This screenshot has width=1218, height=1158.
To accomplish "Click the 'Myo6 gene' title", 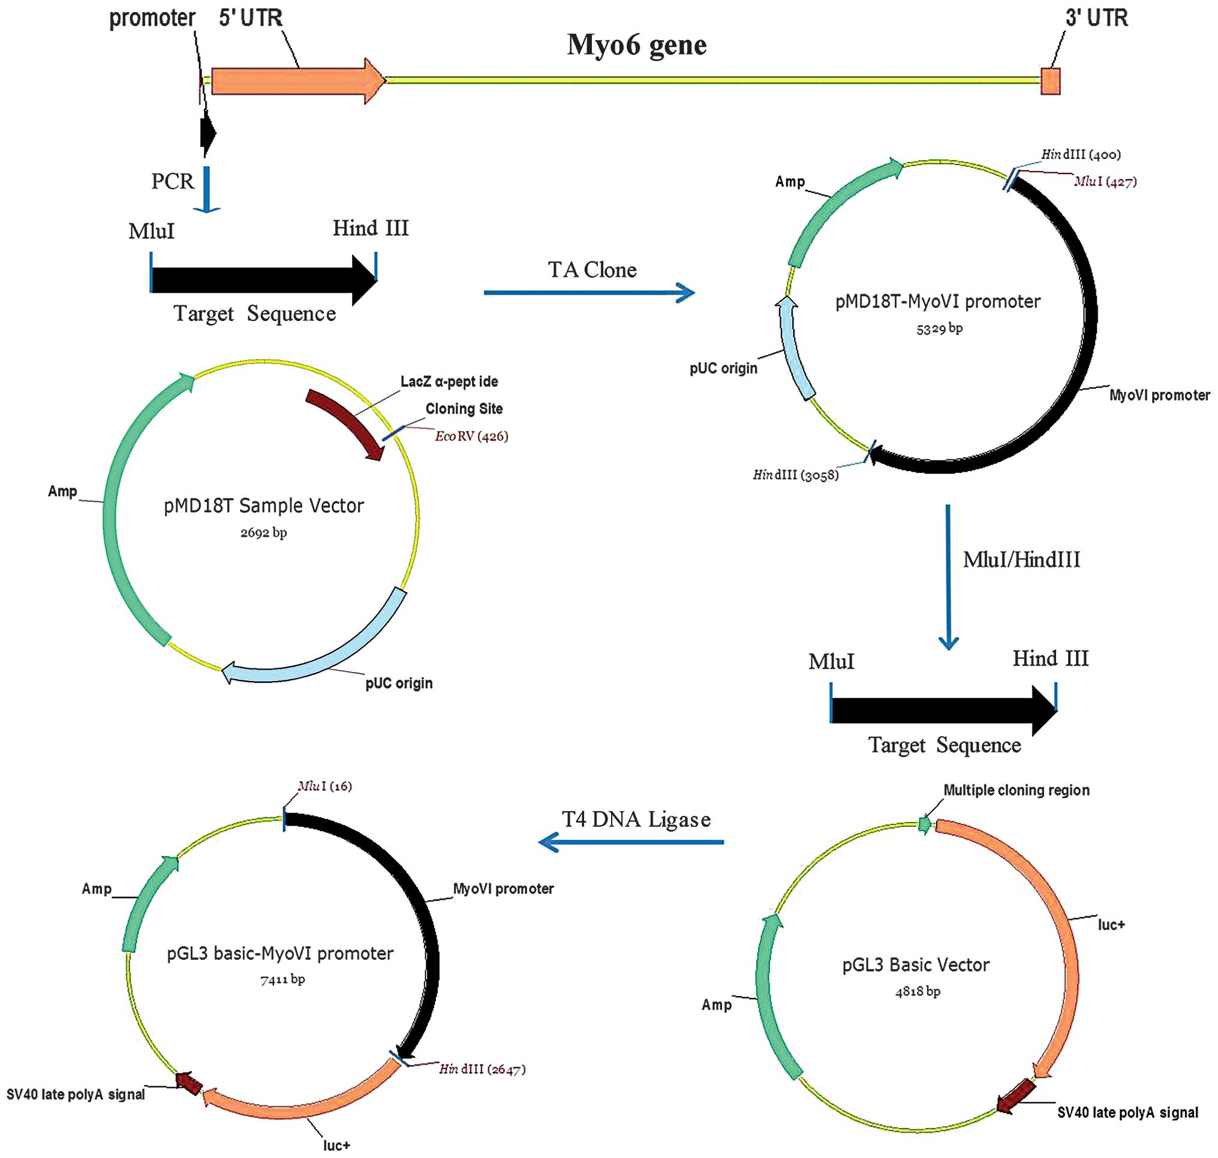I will tap(636, 45).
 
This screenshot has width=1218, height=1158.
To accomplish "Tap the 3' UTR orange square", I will tap(1050, 81).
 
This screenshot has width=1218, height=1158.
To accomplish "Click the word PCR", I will tap(172, 181).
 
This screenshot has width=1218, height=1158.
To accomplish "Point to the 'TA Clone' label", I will tap(592, 270).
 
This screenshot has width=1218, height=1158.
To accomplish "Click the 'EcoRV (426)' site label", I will tap(471, 436).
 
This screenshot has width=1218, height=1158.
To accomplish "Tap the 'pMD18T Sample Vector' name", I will tap(263, 506).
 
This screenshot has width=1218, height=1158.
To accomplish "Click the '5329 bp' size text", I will tap(939, 328).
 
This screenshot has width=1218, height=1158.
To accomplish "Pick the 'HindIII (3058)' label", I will tap(795, 475).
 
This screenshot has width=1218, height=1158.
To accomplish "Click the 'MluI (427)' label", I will tap(1105, 181).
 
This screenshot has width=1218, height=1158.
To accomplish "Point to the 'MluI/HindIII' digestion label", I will tap(1021, 560).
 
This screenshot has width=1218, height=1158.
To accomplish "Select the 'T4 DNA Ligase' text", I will tap(636, 820).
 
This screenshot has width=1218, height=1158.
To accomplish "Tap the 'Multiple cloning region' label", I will tap(1016, 790).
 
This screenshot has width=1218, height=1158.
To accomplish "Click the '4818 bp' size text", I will tap(918, 991).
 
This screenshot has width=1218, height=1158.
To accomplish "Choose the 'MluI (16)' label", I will tap(324, 786).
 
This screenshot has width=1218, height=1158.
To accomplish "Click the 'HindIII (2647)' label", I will tap(482, 1069).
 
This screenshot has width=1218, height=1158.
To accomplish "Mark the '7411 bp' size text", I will tap(282, 979).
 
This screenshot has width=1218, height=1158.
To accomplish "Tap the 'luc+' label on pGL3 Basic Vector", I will tap(1111, 925).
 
